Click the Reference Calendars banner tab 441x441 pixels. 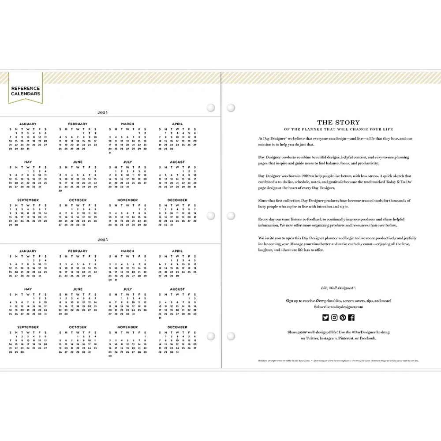[26, 91]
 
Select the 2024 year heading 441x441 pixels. [102, 113]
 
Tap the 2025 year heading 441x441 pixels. [102, 240]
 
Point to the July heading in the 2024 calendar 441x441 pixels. [127, 162]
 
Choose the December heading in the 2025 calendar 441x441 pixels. [177, 327]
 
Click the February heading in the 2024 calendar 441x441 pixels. [78, 124]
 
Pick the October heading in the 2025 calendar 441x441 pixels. [78, 327]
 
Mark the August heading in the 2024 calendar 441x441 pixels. [177, 162]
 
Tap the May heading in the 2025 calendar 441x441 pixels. [28, 289]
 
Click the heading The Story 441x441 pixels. [338, 123]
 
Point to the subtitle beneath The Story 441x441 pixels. [338, 130]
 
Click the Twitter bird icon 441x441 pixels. [325, 317]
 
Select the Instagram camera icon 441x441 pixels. [334, 317]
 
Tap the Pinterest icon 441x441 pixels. [343, 317]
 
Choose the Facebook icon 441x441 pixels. [351, 317]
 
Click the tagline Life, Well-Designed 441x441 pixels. [338, 288]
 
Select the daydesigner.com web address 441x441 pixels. [348, 306]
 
